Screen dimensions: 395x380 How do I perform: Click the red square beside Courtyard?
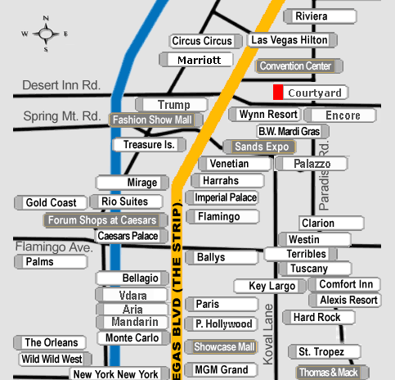pyautogui.click(x=278, y=93)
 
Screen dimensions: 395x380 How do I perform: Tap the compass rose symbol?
pyautogui.click(x=45, y=34)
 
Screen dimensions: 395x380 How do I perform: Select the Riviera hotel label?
pyautogui.click(x=320, y=16)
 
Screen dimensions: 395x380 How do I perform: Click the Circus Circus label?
pyautogui.click(x=205, y=41)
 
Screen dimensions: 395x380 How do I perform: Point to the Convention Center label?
pyautogui.click(x=298, y=66)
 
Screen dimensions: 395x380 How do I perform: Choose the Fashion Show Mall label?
pyautogui.click(x=156, y=120)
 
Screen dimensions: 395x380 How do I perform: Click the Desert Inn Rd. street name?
pyautogui.click(x=61, y=85)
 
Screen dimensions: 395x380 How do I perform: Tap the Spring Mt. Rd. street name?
pyautogui.click(x=62, y=116)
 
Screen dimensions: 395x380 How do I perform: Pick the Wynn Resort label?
pyautogui.click(x=264, y=115)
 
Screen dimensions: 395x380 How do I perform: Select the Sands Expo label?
pyautogui.click(x=259, y=147)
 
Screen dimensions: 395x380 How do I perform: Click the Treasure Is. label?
pyautogui.click(x=150, y=145)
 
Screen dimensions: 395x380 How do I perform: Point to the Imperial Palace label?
pyautogui.click(x=222, y=197)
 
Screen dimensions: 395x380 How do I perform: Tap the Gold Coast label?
pyautogui.click(x=51, y=203)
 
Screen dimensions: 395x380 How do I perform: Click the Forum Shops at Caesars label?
pyautogui.click(x=105, y=220)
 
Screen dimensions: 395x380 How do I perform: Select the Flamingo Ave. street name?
pyautogui.click(x=54, y=247)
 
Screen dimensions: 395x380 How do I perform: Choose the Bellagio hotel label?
pyautogui.click(x=132, y=278)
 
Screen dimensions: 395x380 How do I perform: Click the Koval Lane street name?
pyautogui.click(x=268, y=334)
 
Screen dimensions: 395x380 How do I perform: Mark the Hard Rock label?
pyautogui.click(x=319, y=317)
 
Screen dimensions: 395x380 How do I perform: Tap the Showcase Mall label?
pyautogui.click(x=221, y=347)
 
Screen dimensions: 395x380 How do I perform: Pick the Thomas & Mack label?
pyautogui.click(x=332, y=373)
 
